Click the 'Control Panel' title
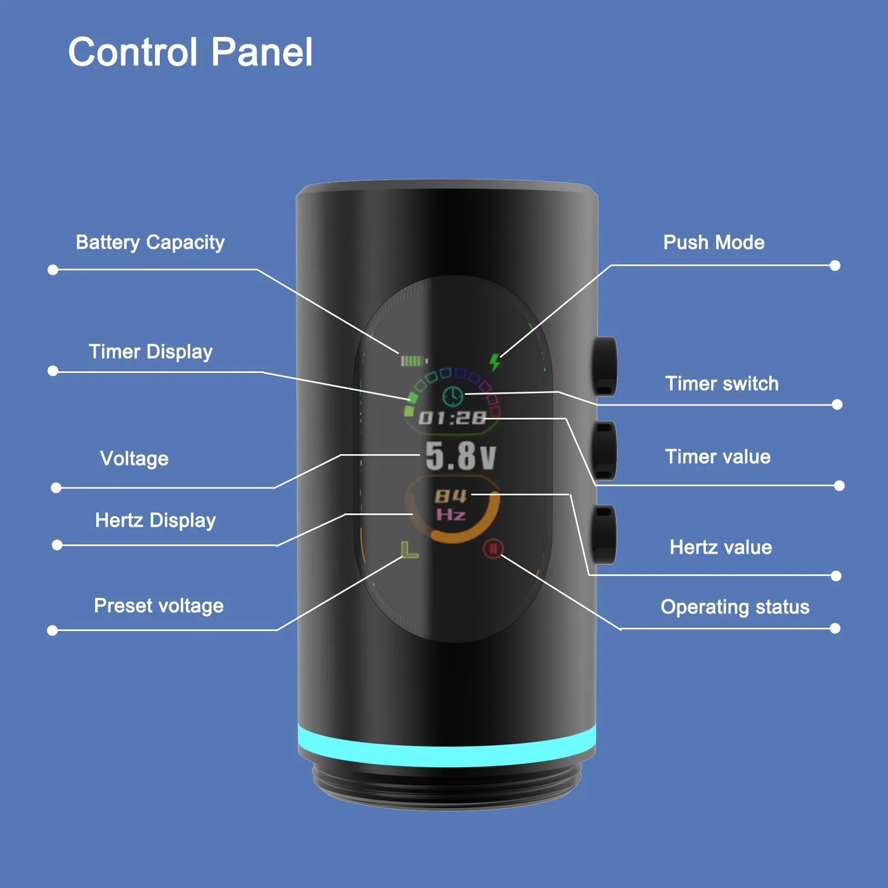tap(190, 52)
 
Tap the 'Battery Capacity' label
tap(150, 243)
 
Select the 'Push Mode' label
tap(714, 243)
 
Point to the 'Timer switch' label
tap(722, 384)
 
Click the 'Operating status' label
tap(735, 607)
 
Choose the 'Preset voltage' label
tap(159, 606)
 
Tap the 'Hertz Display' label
tap(155, 521)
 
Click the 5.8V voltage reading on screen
tap(460, 456)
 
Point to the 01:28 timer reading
tap(452, 418)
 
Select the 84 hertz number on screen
tap(451, 496)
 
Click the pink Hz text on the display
tap(451, 514)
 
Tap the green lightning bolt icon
tap(495, 362)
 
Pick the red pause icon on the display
tap(493, 548)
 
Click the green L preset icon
tap(409, 549)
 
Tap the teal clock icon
tap(453, 396)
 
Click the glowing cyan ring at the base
tap(447, 746)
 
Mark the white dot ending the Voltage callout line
tap(56, 488)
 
